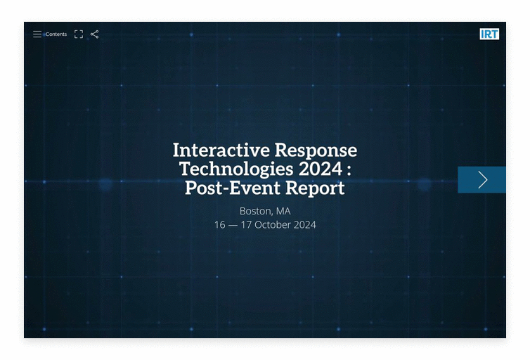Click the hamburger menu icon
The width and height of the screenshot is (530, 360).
click(37, 34)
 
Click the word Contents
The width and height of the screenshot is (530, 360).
click(56, 34)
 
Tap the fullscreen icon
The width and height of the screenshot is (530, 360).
click(79, 34)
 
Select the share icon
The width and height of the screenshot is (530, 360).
click(95, 34)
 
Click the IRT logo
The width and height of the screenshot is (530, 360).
click(489, 34)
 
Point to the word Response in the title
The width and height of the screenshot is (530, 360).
click(316, 151)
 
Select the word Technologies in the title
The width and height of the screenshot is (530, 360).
click(237, 169)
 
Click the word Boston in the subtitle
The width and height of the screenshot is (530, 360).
click(256, 211)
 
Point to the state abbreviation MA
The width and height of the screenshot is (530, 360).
click(283, 211)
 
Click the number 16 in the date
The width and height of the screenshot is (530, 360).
click(220, 225)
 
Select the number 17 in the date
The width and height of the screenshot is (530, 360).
click(246, 225)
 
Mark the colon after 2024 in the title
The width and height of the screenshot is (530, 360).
click(349, 170)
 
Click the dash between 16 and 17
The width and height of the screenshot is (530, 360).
click(233, 226)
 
